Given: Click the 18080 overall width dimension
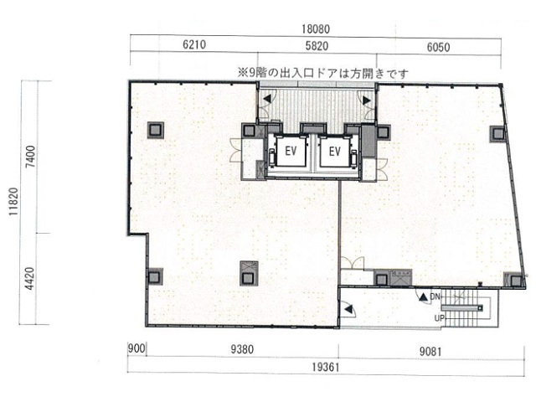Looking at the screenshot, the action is coord(316,29).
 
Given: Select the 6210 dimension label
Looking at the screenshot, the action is coord(194,44).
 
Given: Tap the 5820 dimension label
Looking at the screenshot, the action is coord(317,46).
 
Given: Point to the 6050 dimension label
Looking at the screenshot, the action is coord(438,47).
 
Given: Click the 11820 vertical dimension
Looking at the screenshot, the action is coord(13,201).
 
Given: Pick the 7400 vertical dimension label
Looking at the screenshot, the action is coord(31,157).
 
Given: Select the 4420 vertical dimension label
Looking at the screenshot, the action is coord(30,278).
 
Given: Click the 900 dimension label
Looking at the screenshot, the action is coord(137,348).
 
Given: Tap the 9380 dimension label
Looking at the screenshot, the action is coord(242,349).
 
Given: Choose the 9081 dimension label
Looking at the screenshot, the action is coord(430,352).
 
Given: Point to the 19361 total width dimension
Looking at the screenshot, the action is coord(326,368).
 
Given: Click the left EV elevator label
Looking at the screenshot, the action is coord(291,151).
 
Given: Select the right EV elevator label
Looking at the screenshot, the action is coord(335,151).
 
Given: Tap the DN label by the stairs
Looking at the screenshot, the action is coord(435,296).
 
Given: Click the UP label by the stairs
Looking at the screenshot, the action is coord(439,318).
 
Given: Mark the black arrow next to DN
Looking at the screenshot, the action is coord(424,297).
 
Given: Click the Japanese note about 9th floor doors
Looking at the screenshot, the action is coord(323,74).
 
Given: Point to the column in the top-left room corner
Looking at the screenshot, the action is coord(156,131).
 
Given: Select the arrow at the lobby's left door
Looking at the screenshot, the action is coord(267,99).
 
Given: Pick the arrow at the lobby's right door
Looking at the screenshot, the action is coord(367,100).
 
